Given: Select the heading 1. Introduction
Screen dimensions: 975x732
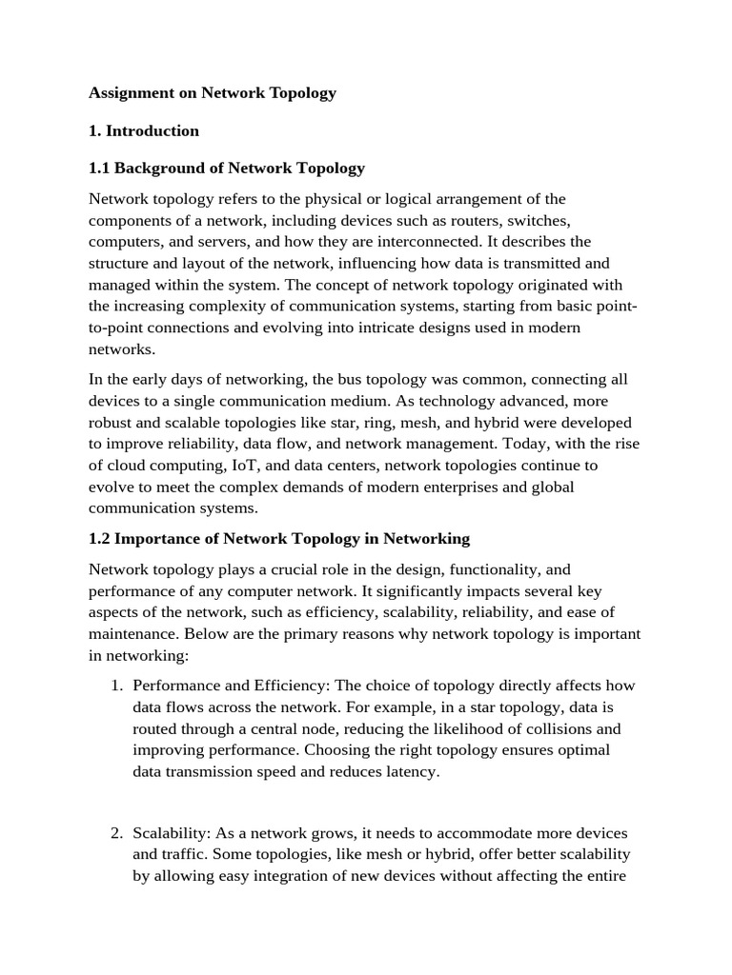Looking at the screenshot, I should point(144,130).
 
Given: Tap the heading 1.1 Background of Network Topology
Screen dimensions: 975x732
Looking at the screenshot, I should point(227,168).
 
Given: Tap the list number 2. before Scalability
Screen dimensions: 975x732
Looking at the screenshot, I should point(116,833).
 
